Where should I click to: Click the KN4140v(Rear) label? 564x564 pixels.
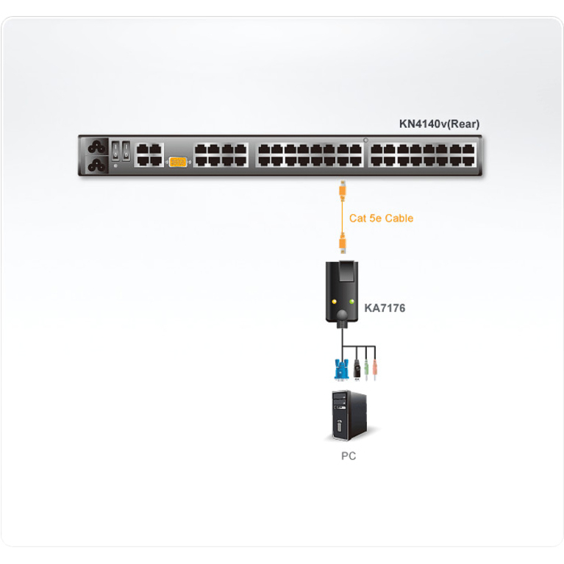pos(439,124)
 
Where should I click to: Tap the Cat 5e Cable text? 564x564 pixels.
pos(382,218)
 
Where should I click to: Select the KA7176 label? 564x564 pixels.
pos(385,308)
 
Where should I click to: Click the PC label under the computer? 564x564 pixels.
pos(349,456)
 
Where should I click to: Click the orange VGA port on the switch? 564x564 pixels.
pos(178,162)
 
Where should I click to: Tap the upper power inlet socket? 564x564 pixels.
pos(97,147)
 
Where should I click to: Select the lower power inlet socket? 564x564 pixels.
pos(97,165)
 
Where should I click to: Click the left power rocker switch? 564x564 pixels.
pos(115,151)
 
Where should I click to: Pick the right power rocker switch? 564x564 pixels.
pos(126,151)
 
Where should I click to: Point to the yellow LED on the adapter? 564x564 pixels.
pos(334,301)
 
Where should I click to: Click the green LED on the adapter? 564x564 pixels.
pos(351,301)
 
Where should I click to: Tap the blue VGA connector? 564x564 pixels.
pos(341,369)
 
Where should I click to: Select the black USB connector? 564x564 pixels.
pos(357,369)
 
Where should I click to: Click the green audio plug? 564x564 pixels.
pos(366,369)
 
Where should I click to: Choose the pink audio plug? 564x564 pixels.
pos(375,369)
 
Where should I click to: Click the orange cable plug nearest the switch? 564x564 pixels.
pos(343,190)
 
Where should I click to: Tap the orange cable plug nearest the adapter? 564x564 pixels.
pos(343,243)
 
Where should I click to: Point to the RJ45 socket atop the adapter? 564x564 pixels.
pos(346,271)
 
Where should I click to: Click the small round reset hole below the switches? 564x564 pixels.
pos(115,166)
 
